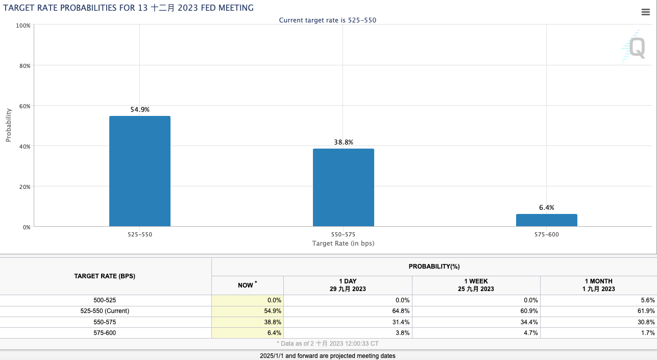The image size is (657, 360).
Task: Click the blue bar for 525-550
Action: (140, 171)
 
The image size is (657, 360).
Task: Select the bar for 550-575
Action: (343, 187)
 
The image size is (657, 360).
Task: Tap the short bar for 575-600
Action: (546, 220)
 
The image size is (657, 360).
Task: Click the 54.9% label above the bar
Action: (140, 109)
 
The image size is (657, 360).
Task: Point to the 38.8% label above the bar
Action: (344, 142)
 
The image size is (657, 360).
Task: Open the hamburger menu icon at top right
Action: (645, 13)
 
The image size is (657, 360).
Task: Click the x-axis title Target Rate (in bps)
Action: (343, 244)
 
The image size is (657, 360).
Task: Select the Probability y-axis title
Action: (9, 125)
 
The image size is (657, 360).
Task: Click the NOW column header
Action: (247, 285)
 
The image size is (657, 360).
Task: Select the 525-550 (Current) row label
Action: (105, 311)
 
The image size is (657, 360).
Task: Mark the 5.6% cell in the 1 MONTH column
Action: (647, 300)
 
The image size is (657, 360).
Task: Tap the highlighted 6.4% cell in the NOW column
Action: (274, 332)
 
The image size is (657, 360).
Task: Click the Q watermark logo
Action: (636, 47)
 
